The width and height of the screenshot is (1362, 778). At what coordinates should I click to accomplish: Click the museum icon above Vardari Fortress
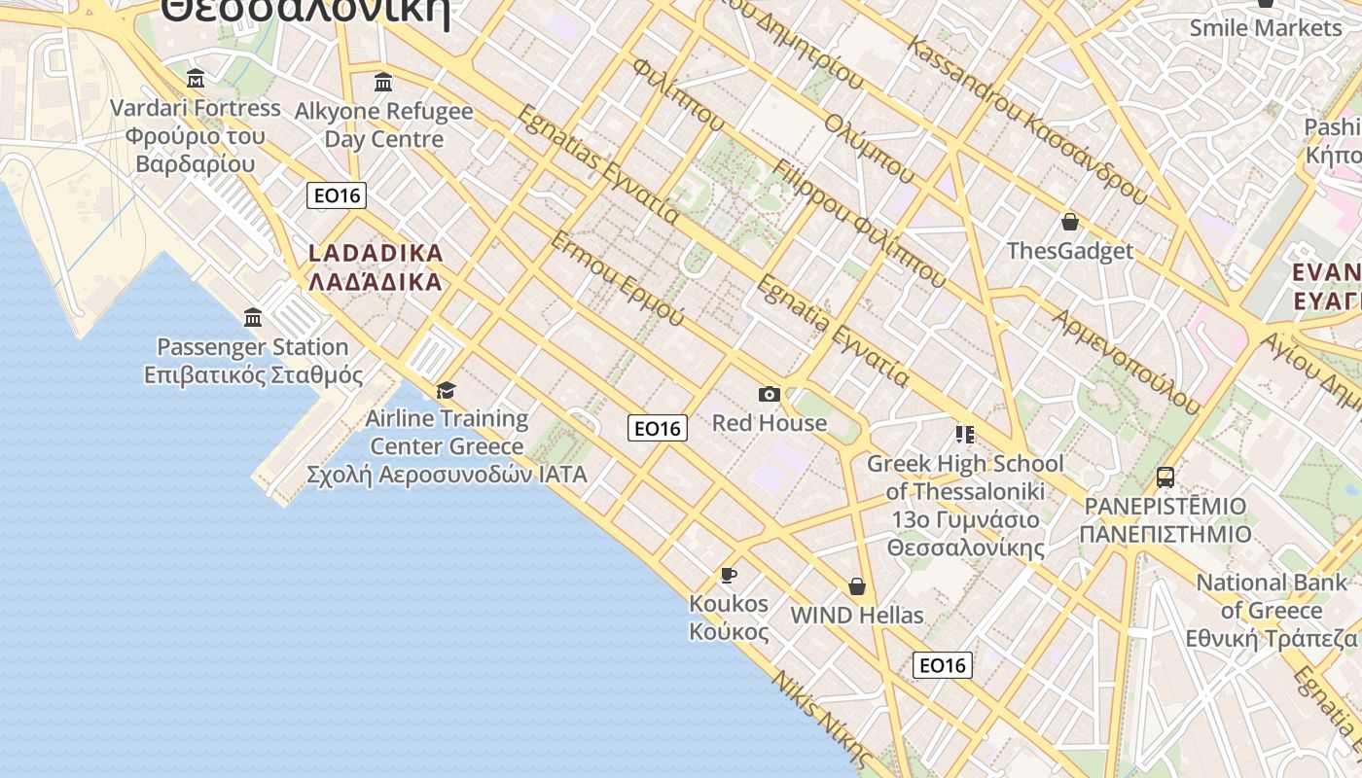coord(196,78)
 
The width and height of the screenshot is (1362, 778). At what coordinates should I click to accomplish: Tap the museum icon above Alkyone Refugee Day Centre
coord(383,82)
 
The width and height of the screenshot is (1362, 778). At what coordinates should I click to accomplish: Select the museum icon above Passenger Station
coord(253,317)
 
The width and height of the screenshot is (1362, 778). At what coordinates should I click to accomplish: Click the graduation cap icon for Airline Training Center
coord(446,390)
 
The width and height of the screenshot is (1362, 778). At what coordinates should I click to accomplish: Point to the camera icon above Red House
coord(770,394)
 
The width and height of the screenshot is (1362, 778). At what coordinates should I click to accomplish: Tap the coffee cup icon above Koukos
coord(728,575)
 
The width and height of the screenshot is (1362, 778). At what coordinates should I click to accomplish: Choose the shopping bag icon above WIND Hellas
coord(857,585)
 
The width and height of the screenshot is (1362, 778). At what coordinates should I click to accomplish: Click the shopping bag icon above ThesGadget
coord(1070,222)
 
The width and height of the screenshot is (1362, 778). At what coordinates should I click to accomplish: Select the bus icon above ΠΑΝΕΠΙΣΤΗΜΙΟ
coord(1165,477)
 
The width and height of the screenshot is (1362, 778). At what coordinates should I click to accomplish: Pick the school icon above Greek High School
coord(964,434)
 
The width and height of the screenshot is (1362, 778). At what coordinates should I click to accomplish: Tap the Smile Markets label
coord(1265,27)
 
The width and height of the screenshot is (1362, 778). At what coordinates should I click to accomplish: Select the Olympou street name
coord(869,149)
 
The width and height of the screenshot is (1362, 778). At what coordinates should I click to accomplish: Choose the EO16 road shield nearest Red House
coord(658,428)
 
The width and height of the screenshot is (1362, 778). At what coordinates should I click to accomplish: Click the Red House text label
coord(770,423)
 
